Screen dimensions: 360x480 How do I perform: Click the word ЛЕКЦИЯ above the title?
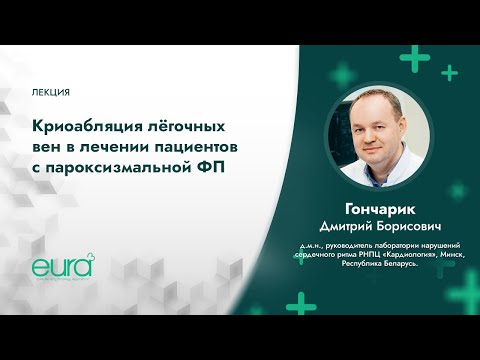[x=51, y=92]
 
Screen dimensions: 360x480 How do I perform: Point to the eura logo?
[x=60, y=267]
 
